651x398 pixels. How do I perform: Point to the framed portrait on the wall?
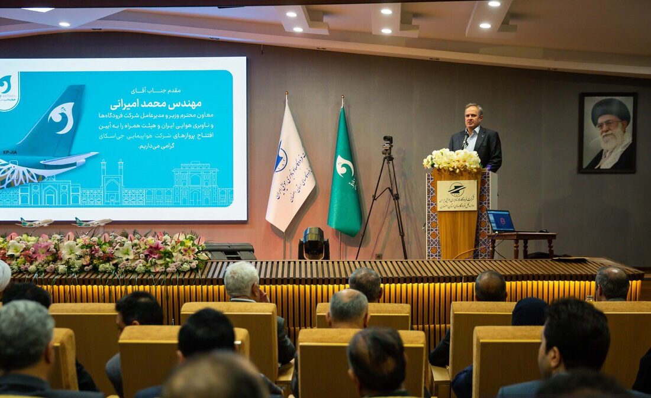point(608,132)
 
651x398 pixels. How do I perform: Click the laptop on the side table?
point(501,221)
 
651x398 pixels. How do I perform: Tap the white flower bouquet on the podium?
point(453,160)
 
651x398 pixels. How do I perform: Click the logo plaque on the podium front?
point(457,195)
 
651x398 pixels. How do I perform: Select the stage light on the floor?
point(314,242)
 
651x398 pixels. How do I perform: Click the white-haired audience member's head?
point(242,279)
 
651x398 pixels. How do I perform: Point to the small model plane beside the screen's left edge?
point(34,223)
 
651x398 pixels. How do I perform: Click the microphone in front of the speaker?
point(466,141)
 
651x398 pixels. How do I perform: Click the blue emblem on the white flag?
point(281,160)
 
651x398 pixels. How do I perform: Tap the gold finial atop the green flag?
point(342,100)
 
